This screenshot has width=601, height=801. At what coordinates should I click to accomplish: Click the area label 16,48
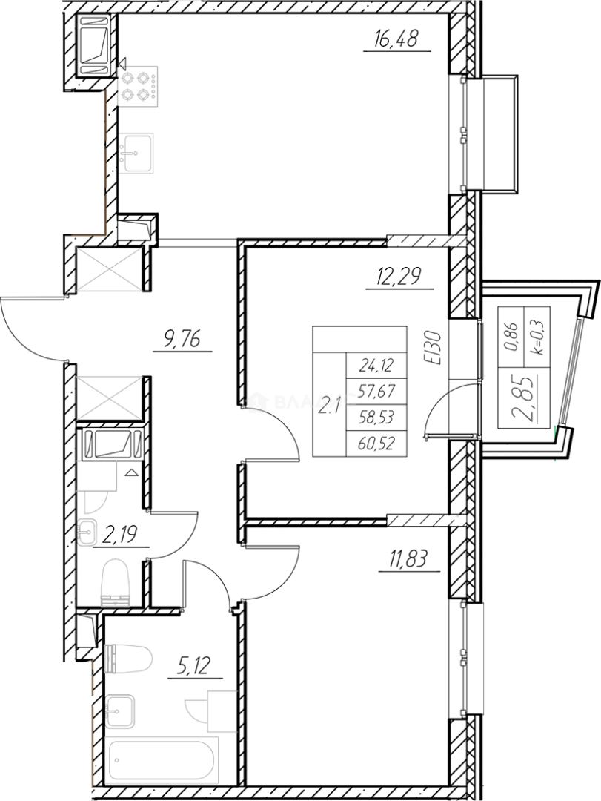pos(397,38)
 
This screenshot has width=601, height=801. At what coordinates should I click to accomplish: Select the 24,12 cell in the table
pos(376,364)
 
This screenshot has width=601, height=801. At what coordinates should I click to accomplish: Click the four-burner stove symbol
pos(137,85)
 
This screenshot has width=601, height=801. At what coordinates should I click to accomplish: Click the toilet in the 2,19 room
pos(115,578)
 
